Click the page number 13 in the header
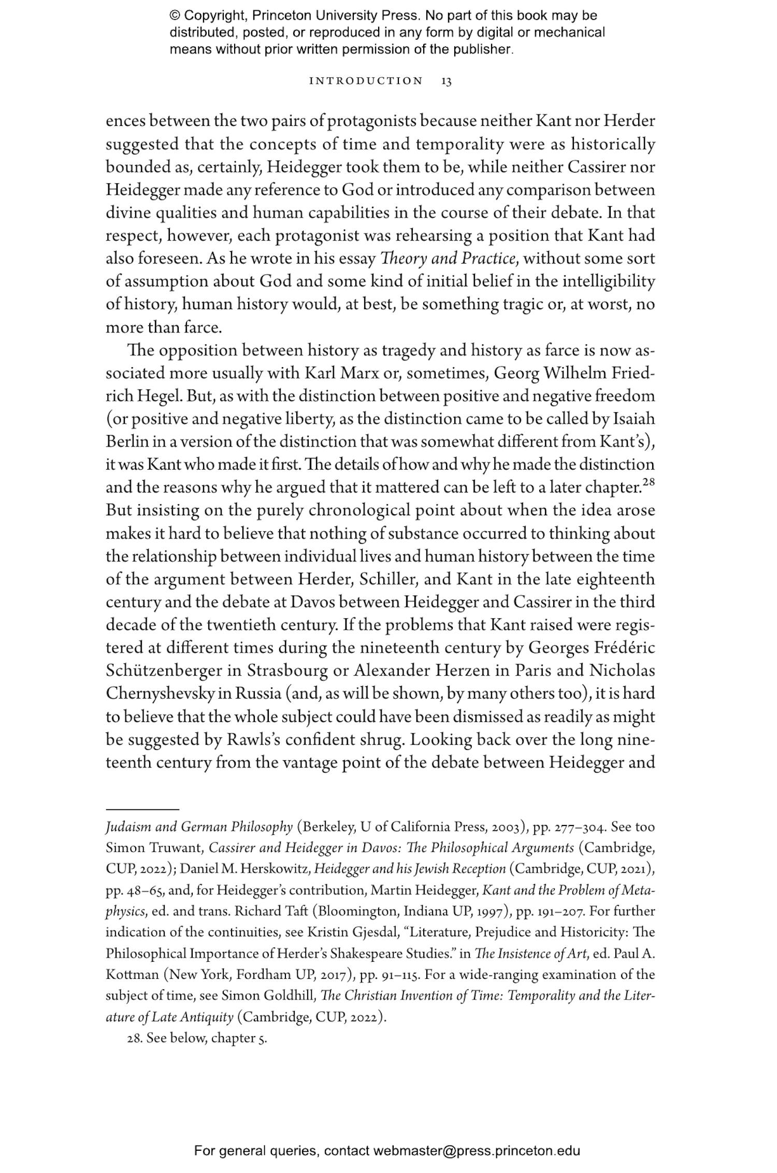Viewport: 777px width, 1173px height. pos(446,81)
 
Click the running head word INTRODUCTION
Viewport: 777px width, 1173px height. pos(366,81)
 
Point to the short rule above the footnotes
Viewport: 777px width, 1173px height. pos(142,809)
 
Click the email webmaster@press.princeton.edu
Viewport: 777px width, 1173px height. pos(477,1151)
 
